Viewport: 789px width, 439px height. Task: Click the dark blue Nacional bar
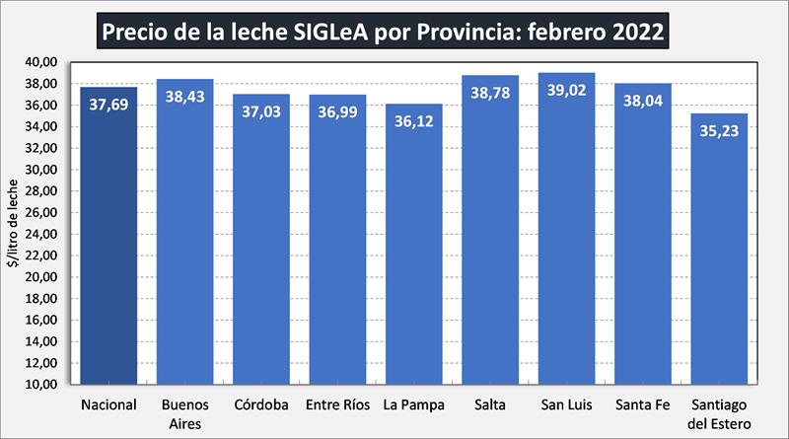(x=108, y=237)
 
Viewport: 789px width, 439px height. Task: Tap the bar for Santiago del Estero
(x=719, y=256)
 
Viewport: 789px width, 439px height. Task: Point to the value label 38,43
(x=184, y=99)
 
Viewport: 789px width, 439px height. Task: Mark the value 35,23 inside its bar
(x=719, y=133)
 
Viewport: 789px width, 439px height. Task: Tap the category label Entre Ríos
(x=337, y=404)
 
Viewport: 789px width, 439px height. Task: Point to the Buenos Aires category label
(x=184, y=413)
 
